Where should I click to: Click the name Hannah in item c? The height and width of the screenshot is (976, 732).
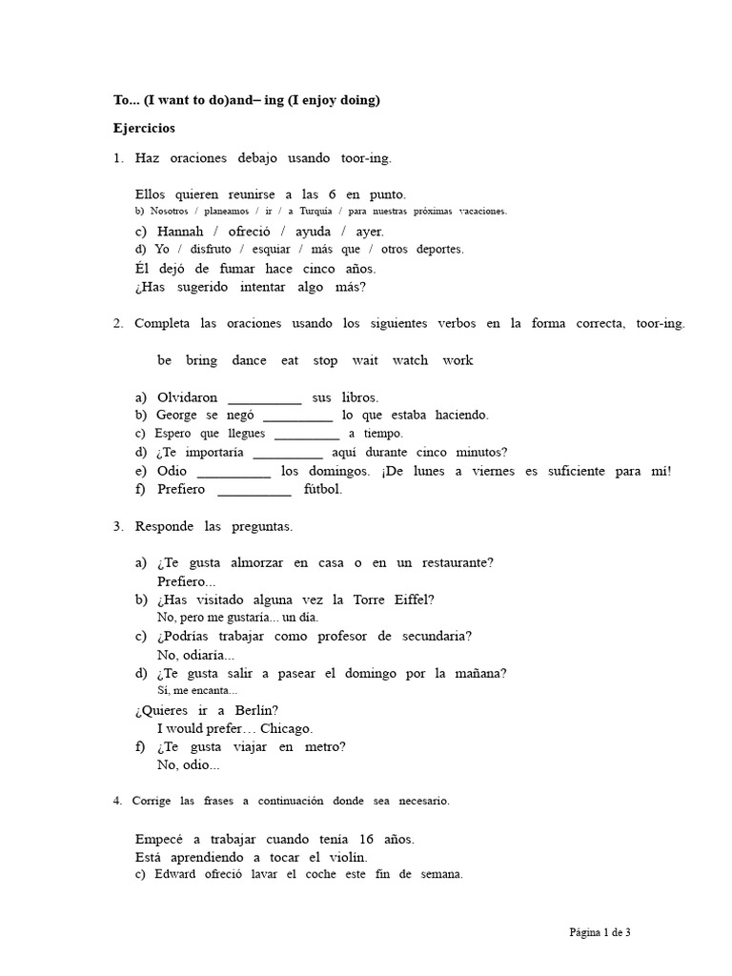click(x=181, y=232)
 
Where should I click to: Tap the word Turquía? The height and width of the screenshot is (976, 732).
click(x=307, y=212)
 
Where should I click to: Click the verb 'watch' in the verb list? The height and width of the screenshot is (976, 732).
click(x=410, y=360)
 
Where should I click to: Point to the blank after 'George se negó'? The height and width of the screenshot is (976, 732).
click(x=297, y=417)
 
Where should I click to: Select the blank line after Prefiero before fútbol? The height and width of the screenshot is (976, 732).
click(x=254, y=492)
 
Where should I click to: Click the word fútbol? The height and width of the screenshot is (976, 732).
click(x=322, y=490)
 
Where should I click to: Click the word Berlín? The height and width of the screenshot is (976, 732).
click(x=255, y=710)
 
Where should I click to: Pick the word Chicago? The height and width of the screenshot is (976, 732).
click(x=286, y=728)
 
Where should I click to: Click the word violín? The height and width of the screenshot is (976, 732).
click(x=346, y=858)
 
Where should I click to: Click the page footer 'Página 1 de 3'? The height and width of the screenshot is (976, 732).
click(x=600, y=933)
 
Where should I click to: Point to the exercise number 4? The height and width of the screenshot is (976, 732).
click(x=116, y=802)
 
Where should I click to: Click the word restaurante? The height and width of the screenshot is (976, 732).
click(x=458, y=563)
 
